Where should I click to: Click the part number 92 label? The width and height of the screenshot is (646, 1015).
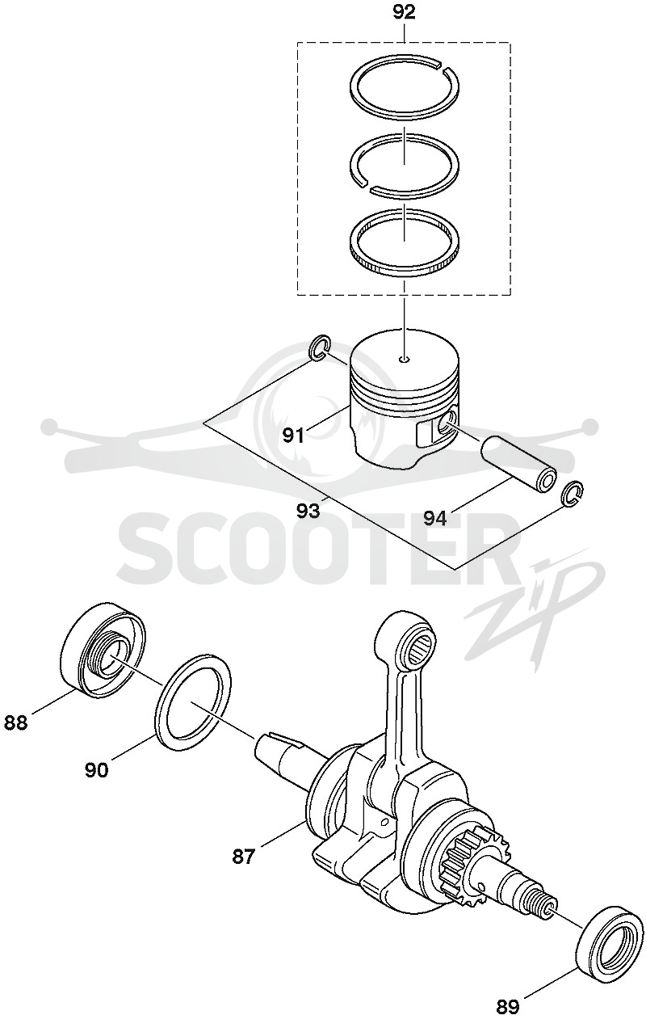[404, 12]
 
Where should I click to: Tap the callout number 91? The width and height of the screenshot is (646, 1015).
[293, 436]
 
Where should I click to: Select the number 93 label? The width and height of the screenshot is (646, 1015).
[308, 511]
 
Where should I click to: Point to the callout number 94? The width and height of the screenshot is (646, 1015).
[435, 517]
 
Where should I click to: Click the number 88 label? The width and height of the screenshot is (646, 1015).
[16, 722]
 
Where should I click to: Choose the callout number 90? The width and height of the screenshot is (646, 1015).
[97, 770]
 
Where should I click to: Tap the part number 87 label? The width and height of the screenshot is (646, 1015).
[245, 857]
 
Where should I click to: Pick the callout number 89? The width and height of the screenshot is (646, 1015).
[509, 1004]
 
